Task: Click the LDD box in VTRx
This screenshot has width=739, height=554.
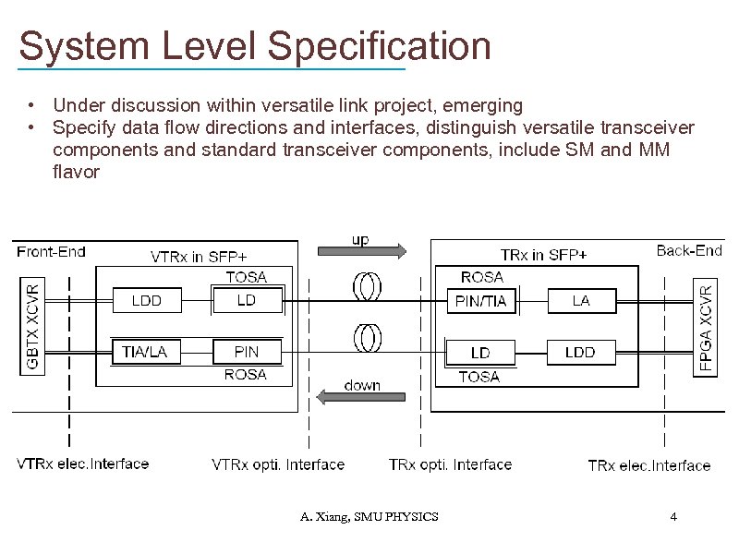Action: click(x=146, y=300)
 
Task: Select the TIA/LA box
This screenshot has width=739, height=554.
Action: click(x=146, y=352)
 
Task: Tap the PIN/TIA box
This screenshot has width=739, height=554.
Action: click(x=481, y=300)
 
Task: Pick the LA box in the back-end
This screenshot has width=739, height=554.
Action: click(x=580, y=300)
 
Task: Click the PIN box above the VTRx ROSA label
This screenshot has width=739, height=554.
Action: click(x=247, y=352)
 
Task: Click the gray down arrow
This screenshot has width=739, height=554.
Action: click(x=360, y=397)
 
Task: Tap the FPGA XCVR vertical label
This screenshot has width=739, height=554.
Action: click(x=707, y=328)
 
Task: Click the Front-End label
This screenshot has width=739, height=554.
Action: click(x=52, y=251)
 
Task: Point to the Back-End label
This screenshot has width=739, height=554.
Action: click(x=689, y=250)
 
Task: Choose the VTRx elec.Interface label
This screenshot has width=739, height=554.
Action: click(x=83, y=464)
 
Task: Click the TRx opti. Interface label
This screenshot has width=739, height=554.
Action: click(x=450, y=464)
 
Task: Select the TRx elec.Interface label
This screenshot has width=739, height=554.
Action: click(x=649, y=465)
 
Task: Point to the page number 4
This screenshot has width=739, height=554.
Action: click(x=673, y=516)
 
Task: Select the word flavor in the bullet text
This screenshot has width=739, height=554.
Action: click(x=76, y=172)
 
